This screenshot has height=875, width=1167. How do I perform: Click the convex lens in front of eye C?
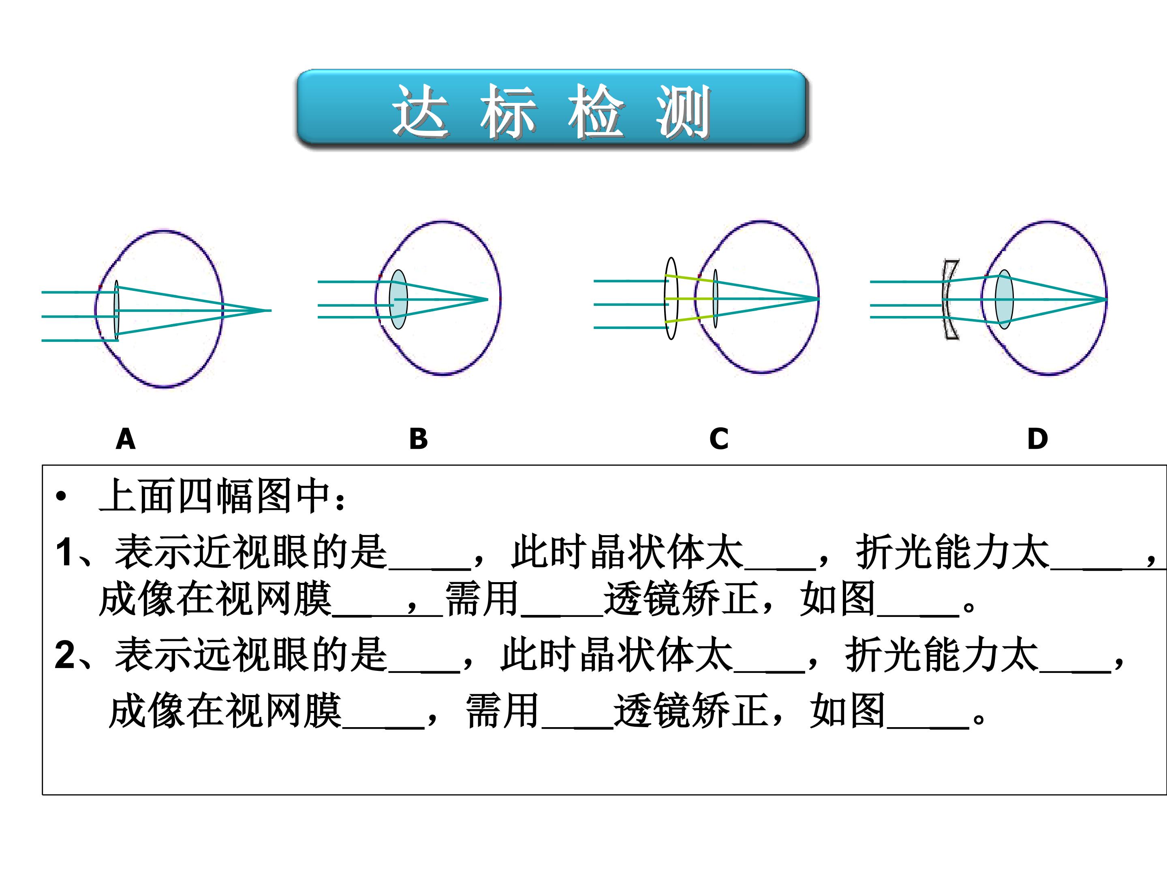[x=671, y=299]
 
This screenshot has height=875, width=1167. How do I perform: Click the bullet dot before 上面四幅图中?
[x=61, y=496]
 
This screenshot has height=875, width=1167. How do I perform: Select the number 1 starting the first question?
[x=64, y=552]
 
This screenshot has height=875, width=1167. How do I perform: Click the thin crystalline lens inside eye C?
[x=715, y=299]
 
